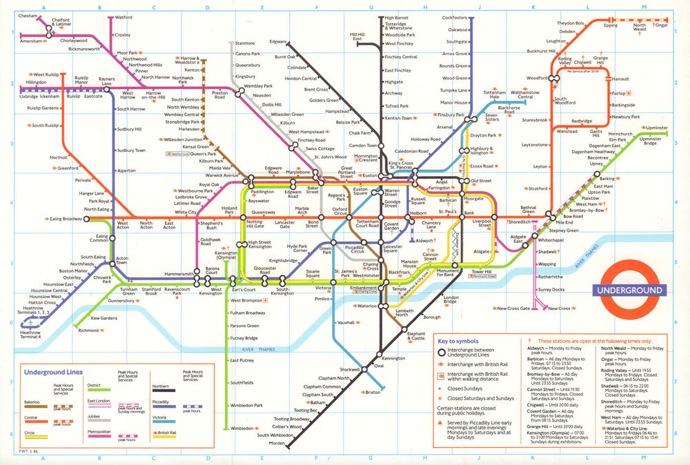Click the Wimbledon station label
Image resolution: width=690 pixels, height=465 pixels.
[x=243, y=428]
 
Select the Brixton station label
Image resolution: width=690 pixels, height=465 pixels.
[x=373, y=392]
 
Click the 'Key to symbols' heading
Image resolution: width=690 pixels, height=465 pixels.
[x=459, y=341]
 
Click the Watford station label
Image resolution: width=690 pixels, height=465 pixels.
[x=124, y=17]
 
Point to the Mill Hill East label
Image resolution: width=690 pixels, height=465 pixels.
[x=357, y=37]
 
